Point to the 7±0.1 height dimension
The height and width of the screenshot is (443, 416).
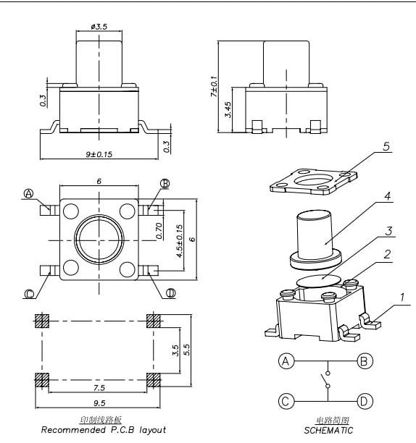(213, 85)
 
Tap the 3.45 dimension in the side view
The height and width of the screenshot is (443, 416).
(228, 109)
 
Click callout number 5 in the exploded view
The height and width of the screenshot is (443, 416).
(386, 147)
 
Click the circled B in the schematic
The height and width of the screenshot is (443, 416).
(365, 360)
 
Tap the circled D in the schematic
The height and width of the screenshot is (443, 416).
(365, 400)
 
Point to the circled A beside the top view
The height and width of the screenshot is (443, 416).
(29, 193)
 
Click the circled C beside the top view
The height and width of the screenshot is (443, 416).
(29, 294)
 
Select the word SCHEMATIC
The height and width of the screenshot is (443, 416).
(328, 430)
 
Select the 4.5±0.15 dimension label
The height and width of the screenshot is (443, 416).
(180, 243)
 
